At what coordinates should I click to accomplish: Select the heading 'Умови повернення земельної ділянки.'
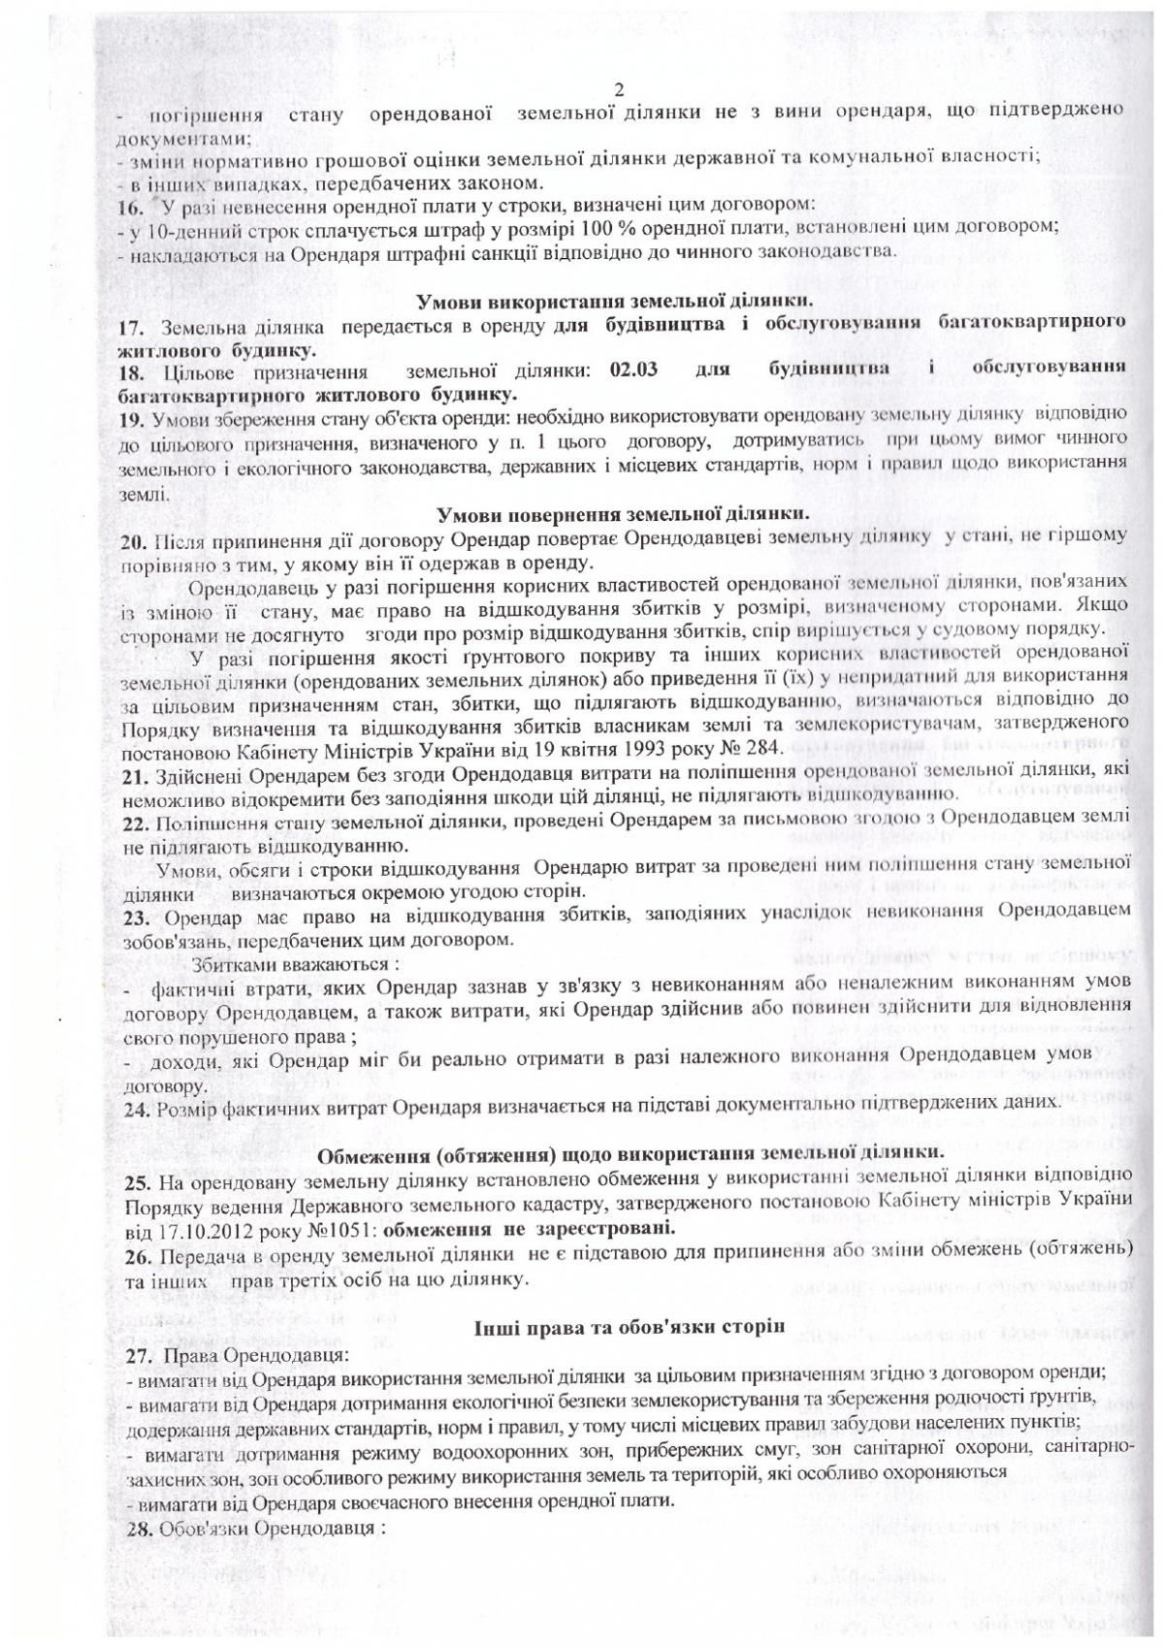coord(623,513)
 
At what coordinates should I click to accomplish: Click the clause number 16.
coord(130,205)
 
